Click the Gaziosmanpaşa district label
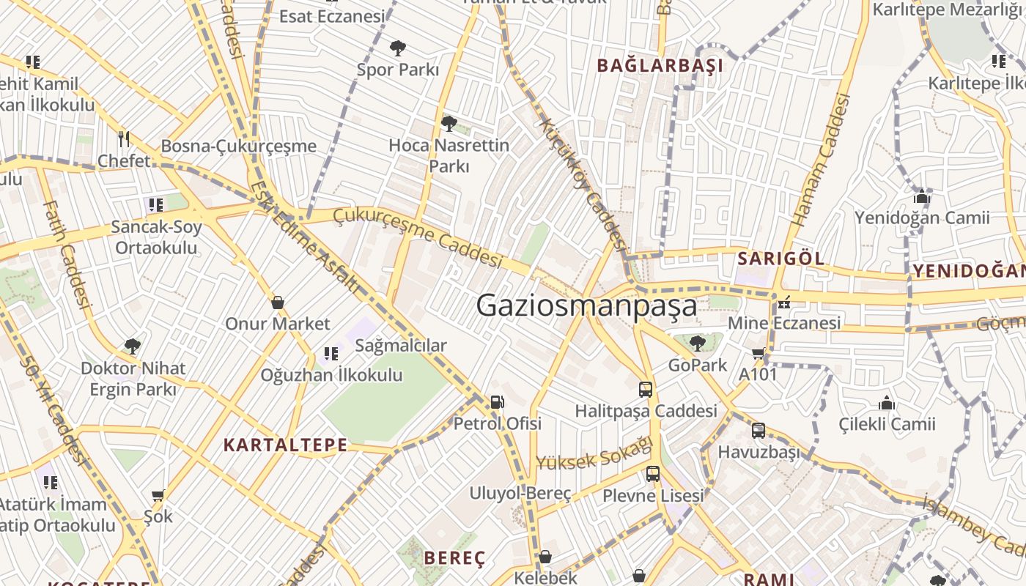tap(586, 305)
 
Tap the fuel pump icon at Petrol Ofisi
tap(497, 401)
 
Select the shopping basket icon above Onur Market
tap(278, 302)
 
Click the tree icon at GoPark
tap(697, 343)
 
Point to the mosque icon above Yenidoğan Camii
tap(922, 196)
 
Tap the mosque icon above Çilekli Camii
tap(887, 403)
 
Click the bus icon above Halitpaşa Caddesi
tap(646, 390)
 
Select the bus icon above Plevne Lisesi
tap(653, 474)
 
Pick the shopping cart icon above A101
tap(759, 354)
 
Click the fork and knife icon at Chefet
tap(124, 138)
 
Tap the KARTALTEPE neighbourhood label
tap(285, 445)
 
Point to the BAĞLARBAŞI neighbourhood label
tap(660, 66)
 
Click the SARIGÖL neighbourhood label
tap(780, 259)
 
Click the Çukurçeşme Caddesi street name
tap(418, 237)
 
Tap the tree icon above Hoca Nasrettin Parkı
tap(449, 123)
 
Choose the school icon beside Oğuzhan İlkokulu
tap(331, 355)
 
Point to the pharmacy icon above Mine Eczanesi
tap(784, 302)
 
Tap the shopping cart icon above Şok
tap(158, 496)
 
